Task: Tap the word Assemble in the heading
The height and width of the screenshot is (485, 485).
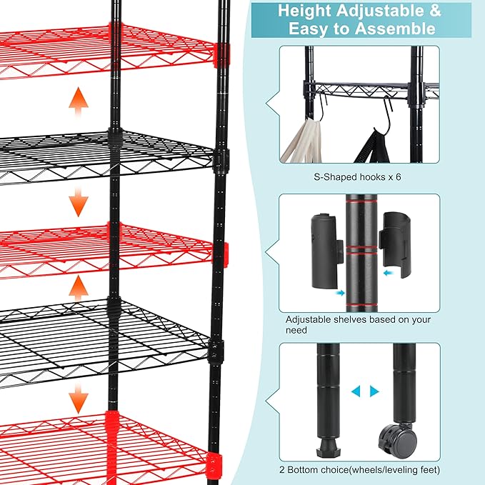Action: coord(399,29)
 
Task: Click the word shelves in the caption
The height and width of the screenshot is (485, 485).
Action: coord(350,319)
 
